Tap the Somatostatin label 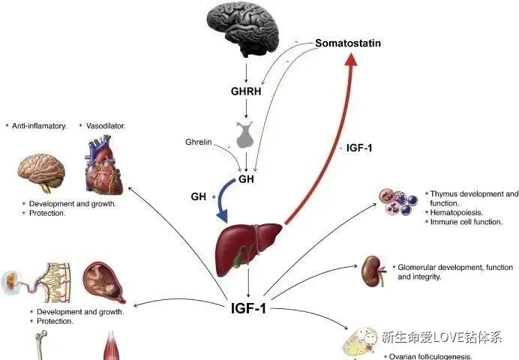pyautogui.click(x=347, y=43)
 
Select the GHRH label pyautogui.click(x=246, y=92)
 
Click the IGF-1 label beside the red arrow pyautogui.click(x=361, y=148)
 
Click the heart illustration pyautogui.click(x=106, y=165)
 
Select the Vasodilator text pyautogui.click(x=106, y=126)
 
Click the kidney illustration pyautogui.click(x=371, y=268)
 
